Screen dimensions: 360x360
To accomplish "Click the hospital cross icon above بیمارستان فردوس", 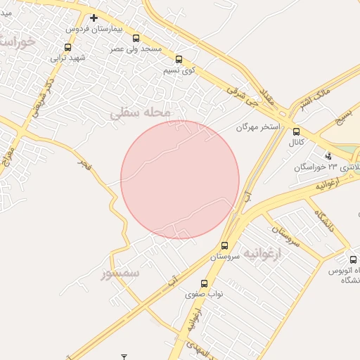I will tap(94, 18).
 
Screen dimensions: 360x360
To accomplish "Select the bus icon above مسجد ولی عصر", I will tap(136, 38).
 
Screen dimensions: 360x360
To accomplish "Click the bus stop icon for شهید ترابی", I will tap(67, 48).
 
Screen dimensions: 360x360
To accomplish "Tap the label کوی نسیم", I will tap(179, 70).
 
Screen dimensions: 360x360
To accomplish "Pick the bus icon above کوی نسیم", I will tap(179, 60).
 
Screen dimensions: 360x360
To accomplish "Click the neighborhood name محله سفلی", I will tap(141, 112).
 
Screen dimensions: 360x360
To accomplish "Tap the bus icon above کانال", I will tap(296, 131).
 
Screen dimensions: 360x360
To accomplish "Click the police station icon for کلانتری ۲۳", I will tap(328, 155).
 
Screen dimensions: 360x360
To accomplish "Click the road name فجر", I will tap(84, 165).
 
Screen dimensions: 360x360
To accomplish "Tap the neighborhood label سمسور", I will tap(120, 273).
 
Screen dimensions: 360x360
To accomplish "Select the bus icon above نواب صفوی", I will tap(204, 284).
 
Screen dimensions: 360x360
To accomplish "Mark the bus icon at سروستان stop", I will tap(224, 246).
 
